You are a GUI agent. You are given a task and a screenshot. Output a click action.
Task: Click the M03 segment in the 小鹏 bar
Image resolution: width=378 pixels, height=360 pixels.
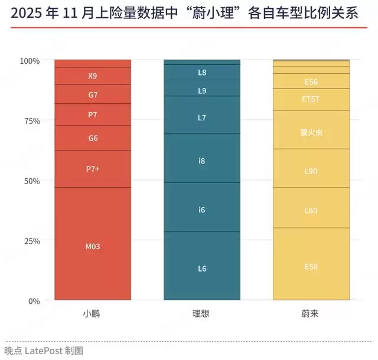[x=93, y=246]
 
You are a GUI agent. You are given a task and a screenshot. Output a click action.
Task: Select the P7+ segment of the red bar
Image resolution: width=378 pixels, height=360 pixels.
[x=93, y=169]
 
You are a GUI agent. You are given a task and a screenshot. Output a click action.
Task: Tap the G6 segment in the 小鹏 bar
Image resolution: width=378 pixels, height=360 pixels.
[x=93, y=138]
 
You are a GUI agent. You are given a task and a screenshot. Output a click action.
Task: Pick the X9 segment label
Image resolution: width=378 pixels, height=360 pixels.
[x=93, y=76]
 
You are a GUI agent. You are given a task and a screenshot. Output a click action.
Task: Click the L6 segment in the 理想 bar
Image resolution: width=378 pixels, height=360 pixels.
[x=202, y=269]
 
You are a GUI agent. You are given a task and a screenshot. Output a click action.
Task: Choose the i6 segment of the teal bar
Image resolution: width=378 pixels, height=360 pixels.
[x=202, y=209]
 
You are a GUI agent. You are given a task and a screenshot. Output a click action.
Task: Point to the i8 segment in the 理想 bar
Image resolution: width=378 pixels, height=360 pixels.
[x=202, y=161]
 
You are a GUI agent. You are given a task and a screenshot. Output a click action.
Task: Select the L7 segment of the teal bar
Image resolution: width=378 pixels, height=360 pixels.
[x=202, y=117]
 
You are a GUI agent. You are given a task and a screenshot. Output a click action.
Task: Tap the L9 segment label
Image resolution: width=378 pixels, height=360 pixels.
[x=202, y=91]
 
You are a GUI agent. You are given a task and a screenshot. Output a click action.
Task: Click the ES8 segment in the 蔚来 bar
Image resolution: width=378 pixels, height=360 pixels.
[x=311, y=267]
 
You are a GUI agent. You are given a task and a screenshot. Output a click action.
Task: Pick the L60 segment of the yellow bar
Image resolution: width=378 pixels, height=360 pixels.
[x=311, y=210]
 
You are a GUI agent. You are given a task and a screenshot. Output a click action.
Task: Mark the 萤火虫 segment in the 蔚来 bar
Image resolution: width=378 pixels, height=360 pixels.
[x=311, y=132]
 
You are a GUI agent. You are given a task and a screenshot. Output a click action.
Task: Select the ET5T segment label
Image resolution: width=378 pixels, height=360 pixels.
[x=311, y=99]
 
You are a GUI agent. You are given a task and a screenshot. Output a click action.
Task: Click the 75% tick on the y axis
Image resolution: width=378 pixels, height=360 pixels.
[x=30, y=121]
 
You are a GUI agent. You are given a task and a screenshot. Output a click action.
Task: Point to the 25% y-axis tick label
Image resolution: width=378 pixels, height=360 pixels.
[x=30, y=241]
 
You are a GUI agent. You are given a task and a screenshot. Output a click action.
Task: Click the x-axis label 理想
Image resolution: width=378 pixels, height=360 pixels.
[x=202, y=314]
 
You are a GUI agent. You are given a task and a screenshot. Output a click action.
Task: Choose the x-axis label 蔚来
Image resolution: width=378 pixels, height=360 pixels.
[x=311, y=314]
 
